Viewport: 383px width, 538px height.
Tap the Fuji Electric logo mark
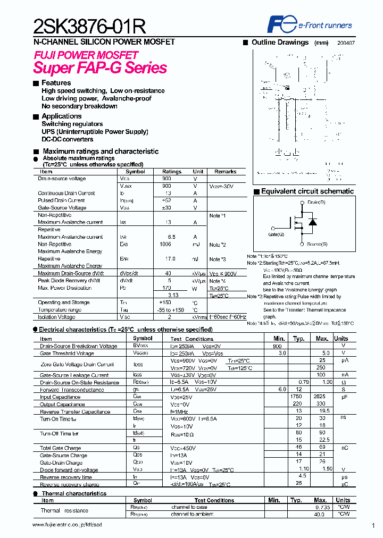click(277, 24)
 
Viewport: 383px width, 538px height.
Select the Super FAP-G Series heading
click(100, 68)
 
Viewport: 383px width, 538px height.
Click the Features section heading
click(56, 83)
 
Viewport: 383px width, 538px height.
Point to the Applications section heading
click(61, 116)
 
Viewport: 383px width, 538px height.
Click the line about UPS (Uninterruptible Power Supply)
click(95, 132)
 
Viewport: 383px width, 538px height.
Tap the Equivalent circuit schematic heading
click(307, 191)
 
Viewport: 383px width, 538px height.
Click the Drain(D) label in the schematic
click(317, 203)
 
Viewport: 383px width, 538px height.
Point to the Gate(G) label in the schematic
click(276, 234)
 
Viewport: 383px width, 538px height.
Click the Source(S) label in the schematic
click(317, 244)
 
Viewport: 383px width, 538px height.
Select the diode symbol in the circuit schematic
click(313, 222)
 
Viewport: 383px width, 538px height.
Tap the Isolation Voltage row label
click(57, 317)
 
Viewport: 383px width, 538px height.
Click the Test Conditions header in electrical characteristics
click(191, 339)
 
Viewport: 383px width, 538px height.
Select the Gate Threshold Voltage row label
click(67, 354)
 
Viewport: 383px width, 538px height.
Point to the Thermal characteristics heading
click(74, 493)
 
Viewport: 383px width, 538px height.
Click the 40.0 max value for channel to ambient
click(319, 515)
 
